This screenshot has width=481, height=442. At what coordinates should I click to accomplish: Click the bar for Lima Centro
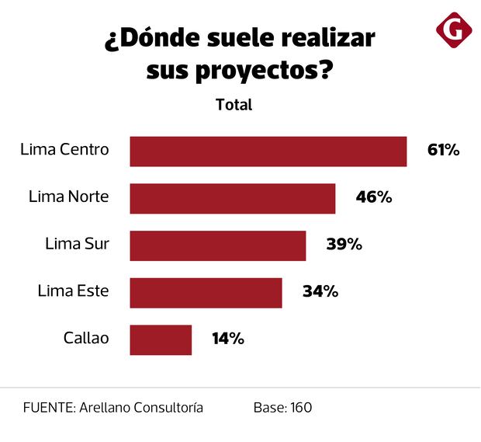point(268,151)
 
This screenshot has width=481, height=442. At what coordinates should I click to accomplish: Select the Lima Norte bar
point(232,198)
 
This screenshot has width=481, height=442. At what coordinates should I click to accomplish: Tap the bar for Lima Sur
point(217,245)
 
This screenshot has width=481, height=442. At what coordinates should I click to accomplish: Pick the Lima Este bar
point(205,293)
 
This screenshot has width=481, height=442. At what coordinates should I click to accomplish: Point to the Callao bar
point(161,339)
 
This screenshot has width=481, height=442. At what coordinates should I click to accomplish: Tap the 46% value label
point(373,197)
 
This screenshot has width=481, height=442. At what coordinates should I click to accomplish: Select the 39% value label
point(344,245)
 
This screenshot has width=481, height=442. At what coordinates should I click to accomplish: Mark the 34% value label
point(320,292)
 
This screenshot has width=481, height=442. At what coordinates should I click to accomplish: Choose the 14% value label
point(228,339)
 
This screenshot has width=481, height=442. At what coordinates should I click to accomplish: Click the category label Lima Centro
point(64,150)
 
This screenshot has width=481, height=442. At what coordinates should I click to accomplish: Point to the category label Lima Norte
point(68,197)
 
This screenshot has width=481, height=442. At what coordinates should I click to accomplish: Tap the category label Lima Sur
point(77,245)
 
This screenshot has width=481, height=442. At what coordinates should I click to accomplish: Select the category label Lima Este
point(73,291)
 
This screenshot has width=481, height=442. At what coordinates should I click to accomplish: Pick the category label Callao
point(86,339)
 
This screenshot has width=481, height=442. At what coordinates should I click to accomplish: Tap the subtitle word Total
point(234,104)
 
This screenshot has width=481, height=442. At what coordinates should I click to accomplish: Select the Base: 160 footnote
point(282,407)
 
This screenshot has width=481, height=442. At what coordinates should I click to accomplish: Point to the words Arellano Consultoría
point(141,407)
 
